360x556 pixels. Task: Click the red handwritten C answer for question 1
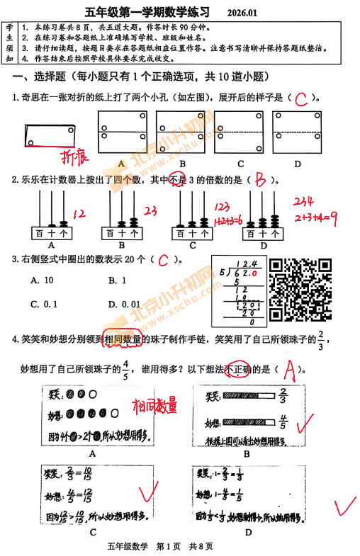tap(301, 98)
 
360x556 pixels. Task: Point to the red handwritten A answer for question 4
tap(288, 369)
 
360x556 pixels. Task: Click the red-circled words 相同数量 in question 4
tap(123, 340)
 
